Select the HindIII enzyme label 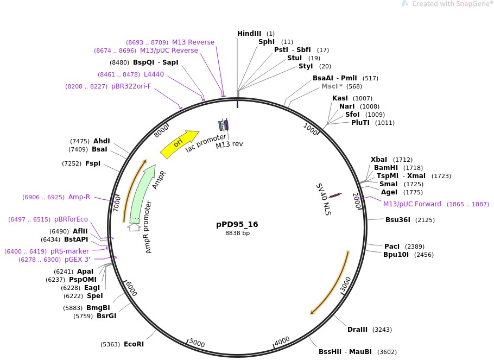pyautogui.click(x=249, y=34)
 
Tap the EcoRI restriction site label pyautogui.click(x=134, y=344)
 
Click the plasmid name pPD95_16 pyautogui.click(x=237, y=224)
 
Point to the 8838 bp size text pyautogui.click(x=237, y=233)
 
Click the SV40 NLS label pyautogui.click(x=324, y=199)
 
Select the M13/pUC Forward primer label pyautogui.click(x=412, y=204)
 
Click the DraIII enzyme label pyautogui.click(x=357, y=330)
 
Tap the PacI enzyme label pyautogui.click(x=392, y=246)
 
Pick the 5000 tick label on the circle pyautogui.click(x=197, y=344)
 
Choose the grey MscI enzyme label pyautogui.click(x=330, y=86)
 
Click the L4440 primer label pyautogui.click(x=154, y=74)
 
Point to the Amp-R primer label pyautogui.click(x=79, y=197)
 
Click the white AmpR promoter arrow pyautogui.click(x=134, y=226)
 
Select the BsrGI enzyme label pyautogui.click(x=106, y=316)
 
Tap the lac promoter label pyautogui.click(x=206, y=143)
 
